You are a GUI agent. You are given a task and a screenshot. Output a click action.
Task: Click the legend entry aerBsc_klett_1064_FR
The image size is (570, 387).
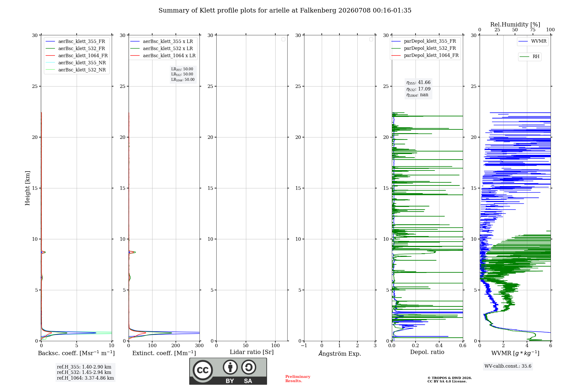click(x=77, y=55)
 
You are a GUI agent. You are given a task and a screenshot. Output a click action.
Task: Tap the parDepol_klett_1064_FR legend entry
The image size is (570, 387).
click(x=425, y=55)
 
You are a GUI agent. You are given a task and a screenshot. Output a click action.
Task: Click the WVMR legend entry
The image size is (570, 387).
click(x=532, y=41)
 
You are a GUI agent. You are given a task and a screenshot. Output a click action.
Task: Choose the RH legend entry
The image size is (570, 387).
click(x=530, y=57)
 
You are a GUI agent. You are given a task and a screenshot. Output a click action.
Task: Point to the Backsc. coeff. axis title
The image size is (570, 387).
click(x=76, y=353)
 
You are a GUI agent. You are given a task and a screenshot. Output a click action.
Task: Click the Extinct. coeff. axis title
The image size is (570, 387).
click(x=164, y=353)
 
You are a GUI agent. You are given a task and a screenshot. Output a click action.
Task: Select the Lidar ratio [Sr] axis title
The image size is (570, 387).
click(x=252, y=352)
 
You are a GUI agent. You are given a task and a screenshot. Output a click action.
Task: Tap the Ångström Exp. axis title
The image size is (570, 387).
click(x=340, y=353)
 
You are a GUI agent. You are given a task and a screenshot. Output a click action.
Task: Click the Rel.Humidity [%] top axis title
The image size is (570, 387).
click(x=515, y=24)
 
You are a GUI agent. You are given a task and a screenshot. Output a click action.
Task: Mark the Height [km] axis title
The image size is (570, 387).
click(x=27, y=188)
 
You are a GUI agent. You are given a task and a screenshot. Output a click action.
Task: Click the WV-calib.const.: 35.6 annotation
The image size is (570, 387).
click(x=508, y=366)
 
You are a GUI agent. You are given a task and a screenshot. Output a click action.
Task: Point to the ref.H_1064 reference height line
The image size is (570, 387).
click(x=85, y=378)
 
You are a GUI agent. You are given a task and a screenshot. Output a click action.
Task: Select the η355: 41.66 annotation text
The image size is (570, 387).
click(x=418, y=83)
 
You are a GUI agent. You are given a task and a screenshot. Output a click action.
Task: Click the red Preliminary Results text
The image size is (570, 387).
click(x=298, y=379)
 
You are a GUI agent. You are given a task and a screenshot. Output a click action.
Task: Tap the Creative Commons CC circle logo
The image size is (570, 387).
click(x=203, y=370)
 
